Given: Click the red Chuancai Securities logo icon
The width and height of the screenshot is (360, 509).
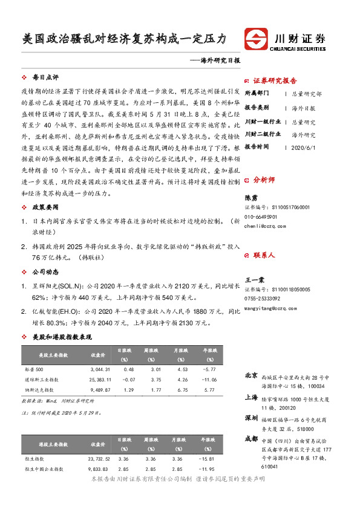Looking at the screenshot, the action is [256, 39].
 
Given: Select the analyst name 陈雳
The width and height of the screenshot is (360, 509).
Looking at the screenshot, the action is [250, 198].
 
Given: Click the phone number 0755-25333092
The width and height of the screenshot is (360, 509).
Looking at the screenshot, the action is [262, 299].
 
